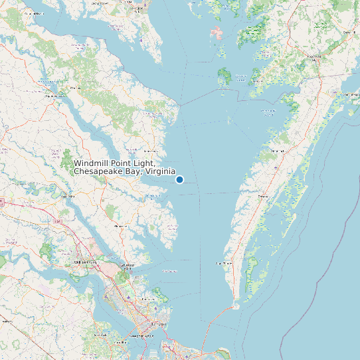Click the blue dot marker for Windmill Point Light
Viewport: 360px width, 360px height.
pos(179,179)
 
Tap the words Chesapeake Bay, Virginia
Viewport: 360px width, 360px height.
pos(124,172)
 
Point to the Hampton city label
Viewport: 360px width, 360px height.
pos(157,323)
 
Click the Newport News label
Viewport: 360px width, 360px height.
pos(140,336)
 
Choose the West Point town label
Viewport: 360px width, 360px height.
pos(67,197)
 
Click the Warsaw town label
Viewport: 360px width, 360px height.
pos(74,87)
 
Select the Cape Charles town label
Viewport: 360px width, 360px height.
pos(224,264)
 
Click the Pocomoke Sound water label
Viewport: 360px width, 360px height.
pos(268,110)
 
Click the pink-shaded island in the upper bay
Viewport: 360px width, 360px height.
pos(217,33)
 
